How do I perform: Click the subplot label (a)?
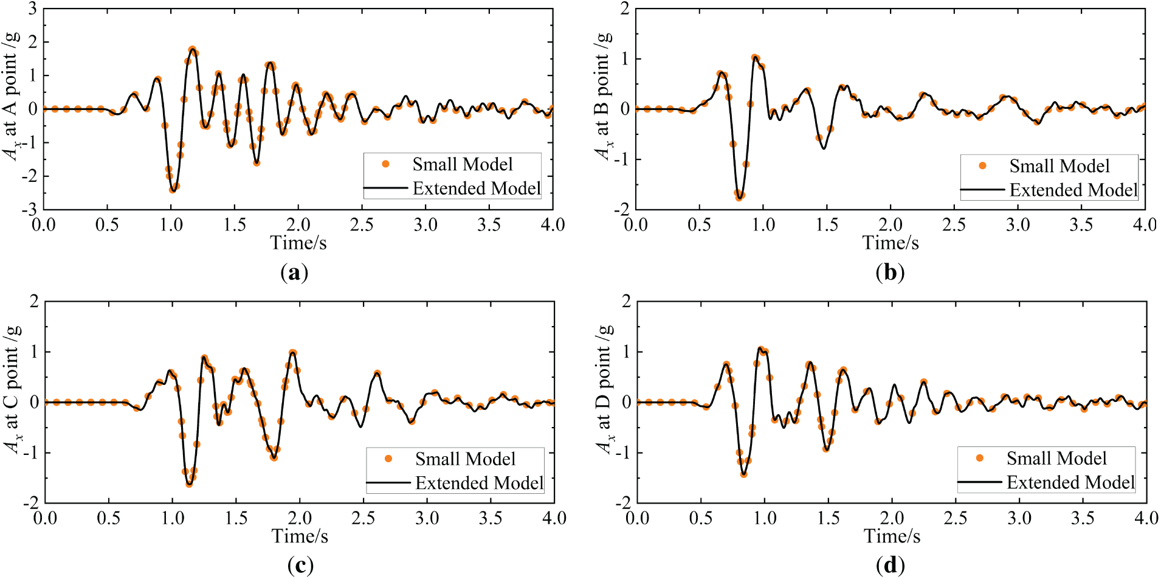295,272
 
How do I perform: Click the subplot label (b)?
890,272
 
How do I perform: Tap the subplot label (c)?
300,566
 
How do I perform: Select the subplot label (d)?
890,566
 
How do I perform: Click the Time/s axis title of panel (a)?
298,243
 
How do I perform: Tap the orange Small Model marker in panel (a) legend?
385,164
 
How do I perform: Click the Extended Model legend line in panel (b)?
982,190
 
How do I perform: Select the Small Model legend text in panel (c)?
465,459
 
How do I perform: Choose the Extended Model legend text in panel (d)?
1070,483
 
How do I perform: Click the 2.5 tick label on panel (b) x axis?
954,225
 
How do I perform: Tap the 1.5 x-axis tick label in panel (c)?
236,518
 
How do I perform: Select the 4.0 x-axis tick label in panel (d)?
1145,518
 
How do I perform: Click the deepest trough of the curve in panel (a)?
173,191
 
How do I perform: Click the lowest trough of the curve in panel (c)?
189,485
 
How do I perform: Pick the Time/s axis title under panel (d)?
892,536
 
